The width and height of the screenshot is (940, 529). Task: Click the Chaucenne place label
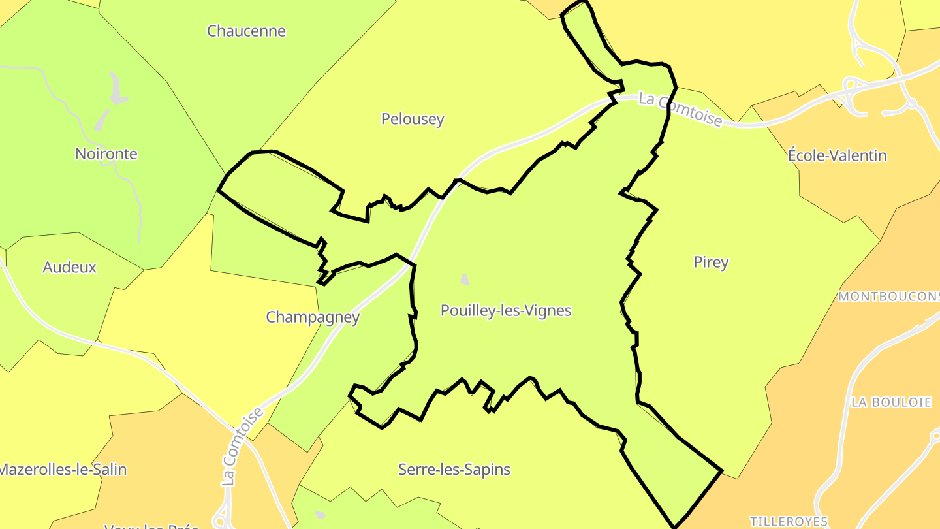click(x=246, y=31)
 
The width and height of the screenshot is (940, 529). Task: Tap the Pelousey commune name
click(x=413, y=119)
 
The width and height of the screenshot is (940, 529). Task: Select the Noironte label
click(x=106, y=154)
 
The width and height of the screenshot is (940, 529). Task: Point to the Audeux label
click(x=69, y=267)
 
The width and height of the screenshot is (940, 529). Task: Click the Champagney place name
click(x=313, y=317)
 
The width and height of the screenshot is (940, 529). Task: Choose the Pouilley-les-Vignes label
click(x=506, y=311)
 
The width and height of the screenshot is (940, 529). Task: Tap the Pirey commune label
click(x=711, y=263)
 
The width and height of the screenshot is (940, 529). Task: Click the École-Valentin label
click(x=838, y=155)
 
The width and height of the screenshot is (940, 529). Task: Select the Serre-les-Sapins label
click(x=454, y=470)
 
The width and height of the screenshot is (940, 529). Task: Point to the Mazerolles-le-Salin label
click(x=63, y=470)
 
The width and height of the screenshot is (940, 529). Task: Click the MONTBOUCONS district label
click(x=888, y=297)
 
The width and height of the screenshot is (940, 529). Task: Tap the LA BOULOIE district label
click(x=891, y=402)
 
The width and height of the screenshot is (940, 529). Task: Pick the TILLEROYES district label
click(x=789, y=521)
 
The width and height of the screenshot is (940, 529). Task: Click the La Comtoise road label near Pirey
click(x=680, y=110)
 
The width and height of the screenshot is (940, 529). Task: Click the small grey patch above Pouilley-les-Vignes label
click(x=465, y=280)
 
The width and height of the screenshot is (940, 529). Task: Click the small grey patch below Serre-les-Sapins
click(x=320, y=515)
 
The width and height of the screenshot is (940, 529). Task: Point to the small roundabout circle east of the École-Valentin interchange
click(x=912, y=104)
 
